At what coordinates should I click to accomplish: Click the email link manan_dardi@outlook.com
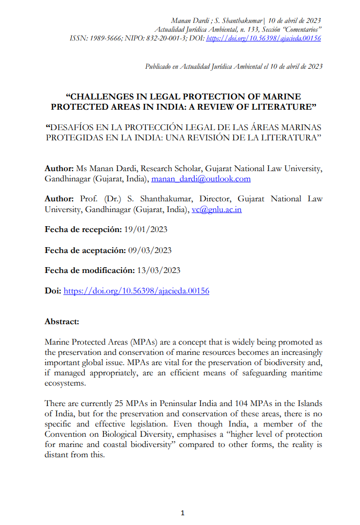[x=201, y=179]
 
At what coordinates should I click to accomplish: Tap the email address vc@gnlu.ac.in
[x=217, y=210]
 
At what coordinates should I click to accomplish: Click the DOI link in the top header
[x=264, y=38]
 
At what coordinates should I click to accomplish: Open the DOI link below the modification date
[x=137, y=291]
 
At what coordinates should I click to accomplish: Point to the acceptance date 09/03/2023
[x=150, y=250]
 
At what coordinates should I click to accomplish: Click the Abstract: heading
[x=61, y=322]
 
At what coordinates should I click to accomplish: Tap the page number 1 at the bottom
[x=182, y=513]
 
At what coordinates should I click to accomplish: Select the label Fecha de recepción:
[x=83, y=229]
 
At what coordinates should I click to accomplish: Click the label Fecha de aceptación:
[x=85, y=250]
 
